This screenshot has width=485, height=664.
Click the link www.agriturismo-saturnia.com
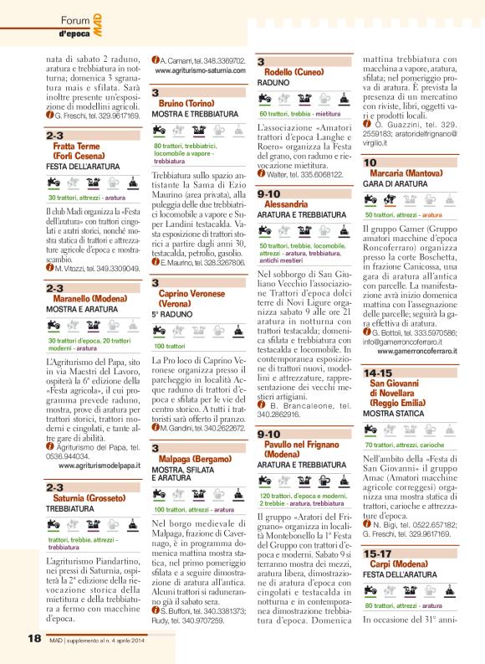pyautogui.click(x=199, y=72)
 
